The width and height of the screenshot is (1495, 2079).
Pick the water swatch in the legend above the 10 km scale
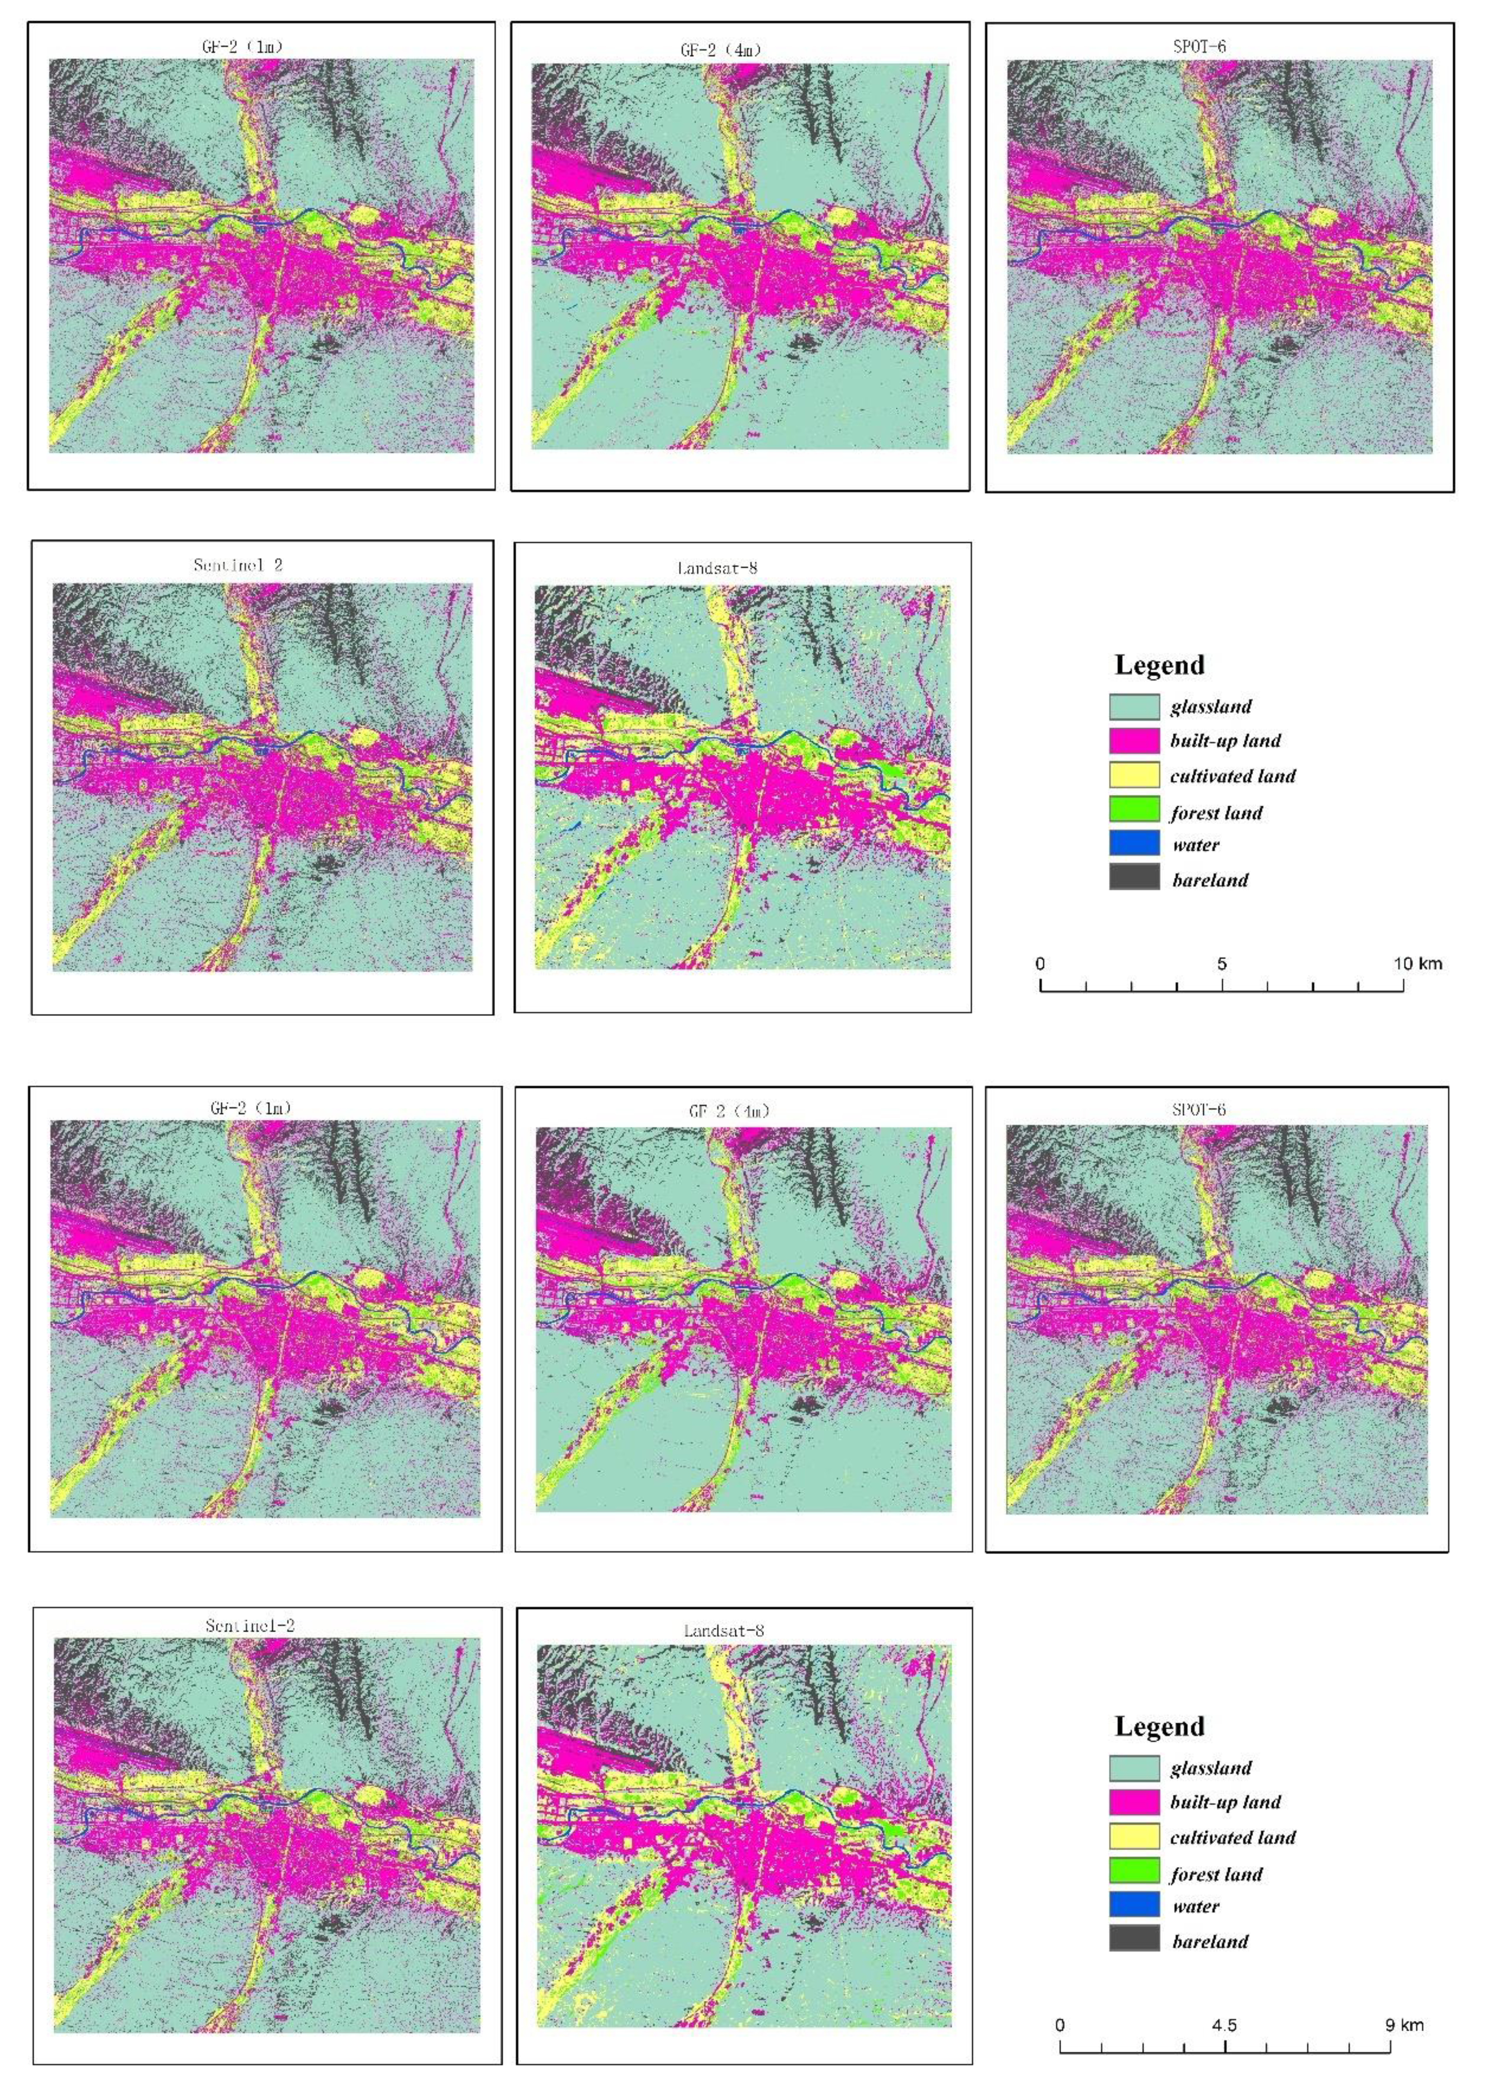click(x=1134, y=844)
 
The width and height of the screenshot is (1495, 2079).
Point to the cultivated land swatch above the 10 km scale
click(x=1134, y=775)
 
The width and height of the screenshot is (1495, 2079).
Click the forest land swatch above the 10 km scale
click(x=1134, y=810)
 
